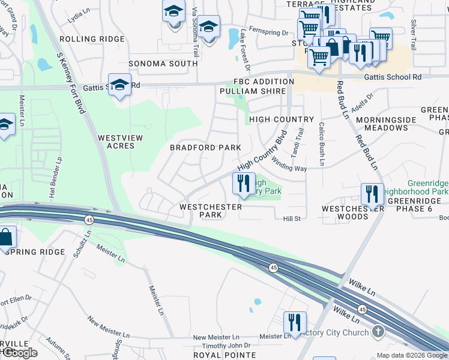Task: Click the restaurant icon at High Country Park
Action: (x=243, y=184)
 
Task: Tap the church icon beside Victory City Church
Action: (x=378, y=331)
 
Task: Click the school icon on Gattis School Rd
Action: (x=119, y=85)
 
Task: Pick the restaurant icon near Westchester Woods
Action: (x=372, y=194)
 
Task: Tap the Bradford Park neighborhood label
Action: (x=205, y=148)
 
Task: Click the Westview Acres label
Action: (x=120, y=142)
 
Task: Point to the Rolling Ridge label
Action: (x=84, y=39)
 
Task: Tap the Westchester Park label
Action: (x=211, y=211)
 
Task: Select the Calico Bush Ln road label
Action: (x=322, y=144)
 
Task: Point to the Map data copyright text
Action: (x=411, y=355)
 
